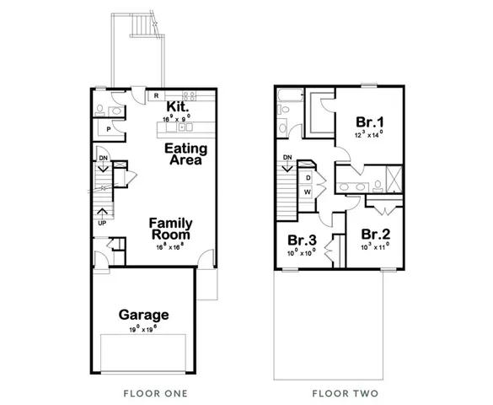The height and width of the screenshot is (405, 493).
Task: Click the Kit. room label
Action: click(x=176, y=106)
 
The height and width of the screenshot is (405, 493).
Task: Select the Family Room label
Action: click(x=171, y=229)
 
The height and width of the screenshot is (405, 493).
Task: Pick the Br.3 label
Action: click(x=302, y=239)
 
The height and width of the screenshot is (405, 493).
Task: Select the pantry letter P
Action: click(x=109, y=129)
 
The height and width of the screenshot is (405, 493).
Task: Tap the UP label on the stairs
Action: click(x=101, y=224)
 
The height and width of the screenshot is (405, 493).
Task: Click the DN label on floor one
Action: click(x=103, y=158)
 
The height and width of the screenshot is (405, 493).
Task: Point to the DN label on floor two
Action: click(x=287, y=157)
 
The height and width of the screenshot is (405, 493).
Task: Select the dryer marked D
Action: click(x=308, y=178)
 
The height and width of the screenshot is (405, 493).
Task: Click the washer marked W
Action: click(x=308, y=192)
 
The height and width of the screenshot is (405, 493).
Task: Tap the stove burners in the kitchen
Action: click(x=189, y=94)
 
